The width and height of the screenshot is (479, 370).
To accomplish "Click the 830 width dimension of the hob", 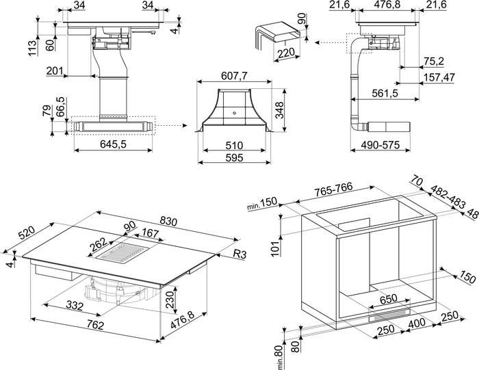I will click(x=168, y=221).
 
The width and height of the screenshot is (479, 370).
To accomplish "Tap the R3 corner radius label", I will click(x=240, y=254).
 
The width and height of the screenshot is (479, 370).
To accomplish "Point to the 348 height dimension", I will click(x=279, y=111).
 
